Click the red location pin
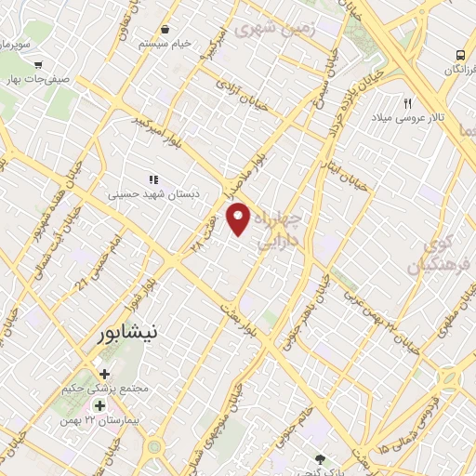click(240, 218)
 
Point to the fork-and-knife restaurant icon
click(408, 102)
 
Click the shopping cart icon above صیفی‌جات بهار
click(38, 65)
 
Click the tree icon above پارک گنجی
click(322, 458)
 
